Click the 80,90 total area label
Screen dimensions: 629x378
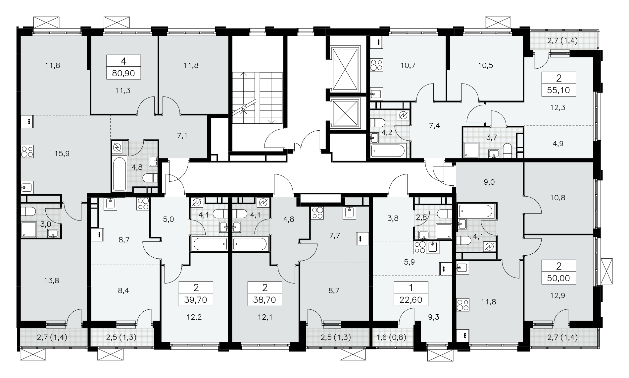click(x=123, y=73)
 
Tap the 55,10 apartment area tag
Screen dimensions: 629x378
click(x=559, y=90)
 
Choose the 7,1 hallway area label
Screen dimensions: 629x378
click(x=182, y=136)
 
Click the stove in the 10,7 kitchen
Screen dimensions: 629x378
click(x=376, y=65)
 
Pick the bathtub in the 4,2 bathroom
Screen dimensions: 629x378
click(x=388, y=151)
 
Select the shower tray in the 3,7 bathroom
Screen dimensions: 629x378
click(x=471, y=150)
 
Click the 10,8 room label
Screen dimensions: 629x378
click(x=557, y=198)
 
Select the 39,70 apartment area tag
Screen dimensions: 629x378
click(x=195, y=300)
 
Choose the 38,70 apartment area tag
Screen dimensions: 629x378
click(x=265, y=300)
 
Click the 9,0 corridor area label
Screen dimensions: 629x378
click(x=489, y=182)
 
